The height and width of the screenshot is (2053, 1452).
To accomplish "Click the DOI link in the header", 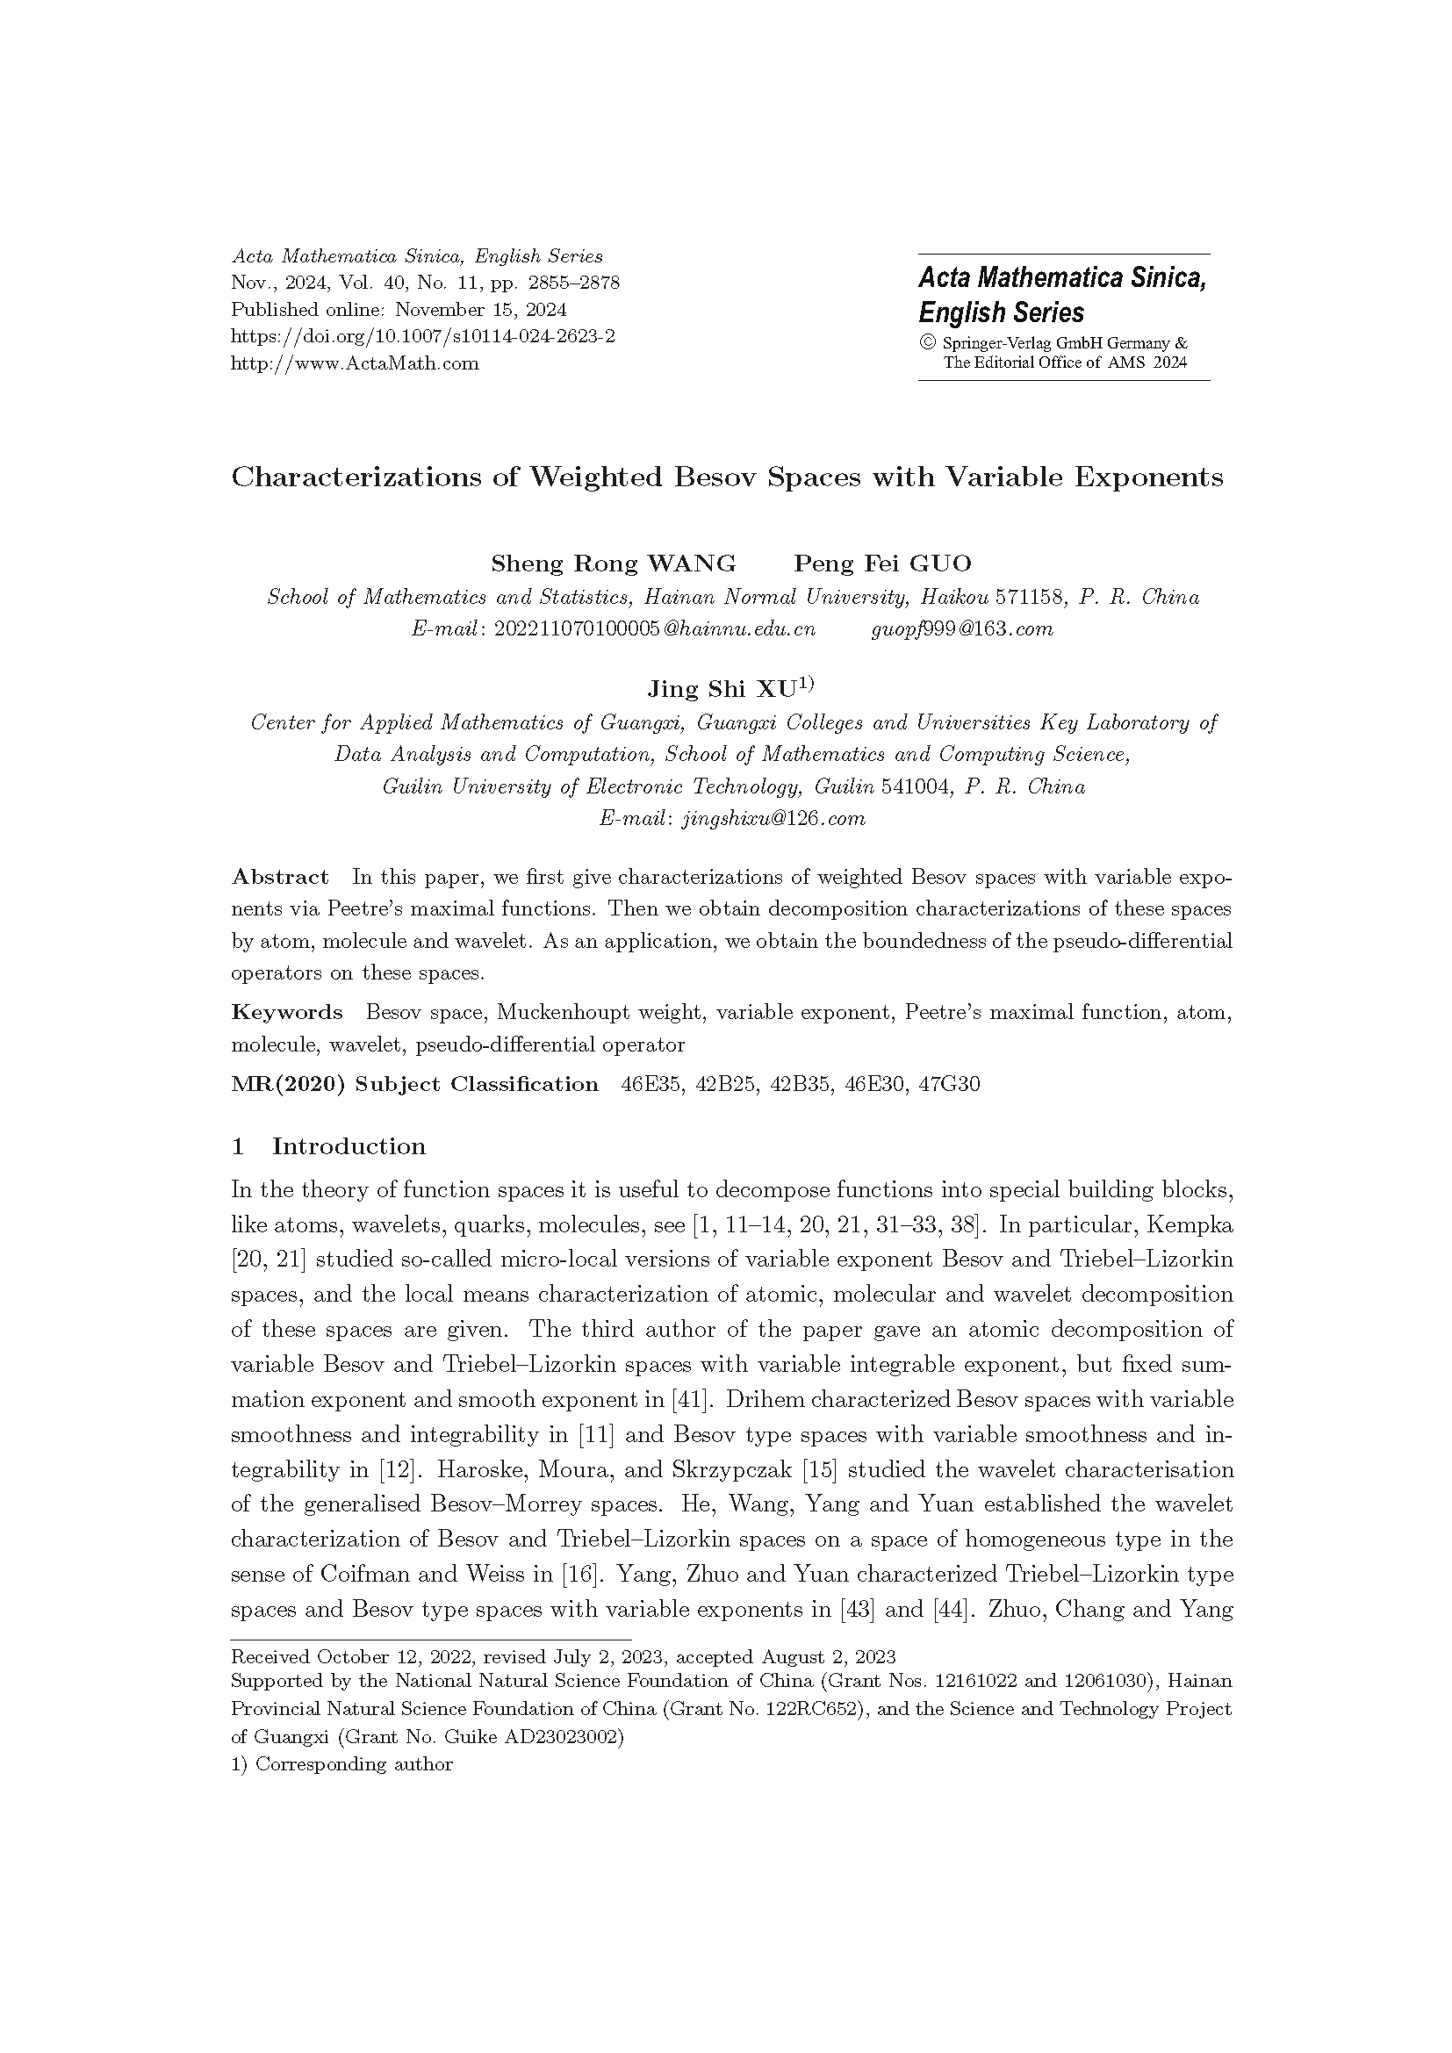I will tap(422, 336).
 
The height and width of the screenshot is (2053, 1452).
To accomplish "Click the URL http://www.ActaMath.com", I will tap(354, 363).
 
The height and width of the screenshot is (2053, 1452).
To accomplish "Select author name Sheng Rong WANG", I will tap(613, 563).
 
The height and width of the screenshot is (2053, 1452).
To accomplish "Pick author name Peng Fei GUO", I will tap(882, 563).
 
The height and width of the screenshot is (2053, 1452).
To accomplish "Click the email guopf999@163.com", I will tap(962, 628).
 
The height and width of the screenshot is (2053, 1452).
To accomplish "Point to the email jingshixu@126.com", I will tap(773, 818).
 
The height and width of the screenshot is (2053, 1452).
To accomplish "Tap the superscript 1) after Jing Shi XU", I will tap(806, 685).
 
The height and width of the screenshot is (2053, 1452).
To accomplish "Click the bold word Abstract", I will tap(280, 876).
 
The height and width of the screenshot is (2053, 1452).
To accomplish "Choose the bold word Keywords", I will tap(286, 1012).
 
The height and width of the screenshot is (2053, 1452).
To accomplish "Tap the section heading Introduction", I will tap(349, 1146).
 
